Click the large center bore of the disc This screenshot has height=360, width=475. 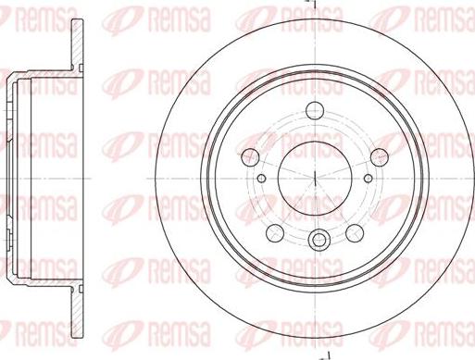pos(315,179)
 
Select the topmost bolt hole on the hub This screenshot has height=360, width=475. pos(315,109)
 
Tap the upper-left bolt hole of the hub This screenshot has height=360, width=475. pos(250,156)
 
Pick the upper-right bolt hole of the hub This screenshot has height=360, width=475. pos(380,156)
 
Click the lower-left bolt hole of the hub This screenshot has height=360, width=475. pos(275,233)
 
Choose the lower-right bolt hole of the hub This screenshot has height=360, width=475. pos(355,233)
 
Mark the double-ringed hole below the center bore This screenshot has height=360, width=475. pos(319,239)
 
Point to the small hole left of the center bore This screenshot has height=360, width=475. pos(261,178)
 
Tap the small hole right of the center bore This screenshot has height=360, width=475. pos(369,178)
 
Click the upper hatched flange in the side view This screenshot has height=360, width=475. pos(77,43)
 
